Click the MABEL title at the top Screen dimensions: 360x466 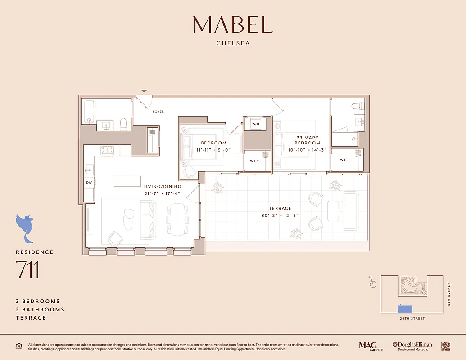pyautogui.click(x=233, y=25)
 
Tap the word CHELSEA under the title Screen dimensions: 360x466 pyautogui.click(x=233, y=44)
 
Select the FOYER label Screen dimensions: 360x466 pyautogui.click(x=158, y=112)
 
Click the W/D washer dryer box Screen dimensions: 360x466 pyautogui.click(x=256, y=124)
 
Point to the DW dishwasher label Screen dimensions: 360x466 pyautogui.click(x=89, y=183)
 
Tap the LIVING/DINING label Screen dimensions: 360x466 pyautogui.click(x=162, y=186)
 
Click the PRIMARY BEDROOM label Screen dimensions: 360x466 pyautogui.click(x=308, y=140)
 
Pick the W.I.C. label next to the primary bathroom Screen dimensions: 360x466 pyautogui.click(x=345, y=160)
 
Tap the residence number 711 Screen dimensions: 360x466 pyautogui.click(x=27, y=269)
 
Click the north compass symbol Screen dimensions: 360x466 pyautogui.click(x=373, y=284)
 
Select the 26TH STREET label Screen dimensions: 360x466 pyautogui.click(x=412, y=319)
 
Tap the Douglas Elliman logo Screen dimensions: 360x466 pyautogui.click(x=412, y=346)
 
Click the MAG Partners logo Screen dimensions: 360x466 pyautogui.click(x=368, y=346)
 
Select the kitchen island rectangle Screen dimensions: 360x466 pyautogui.click(x=127, y=181)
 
